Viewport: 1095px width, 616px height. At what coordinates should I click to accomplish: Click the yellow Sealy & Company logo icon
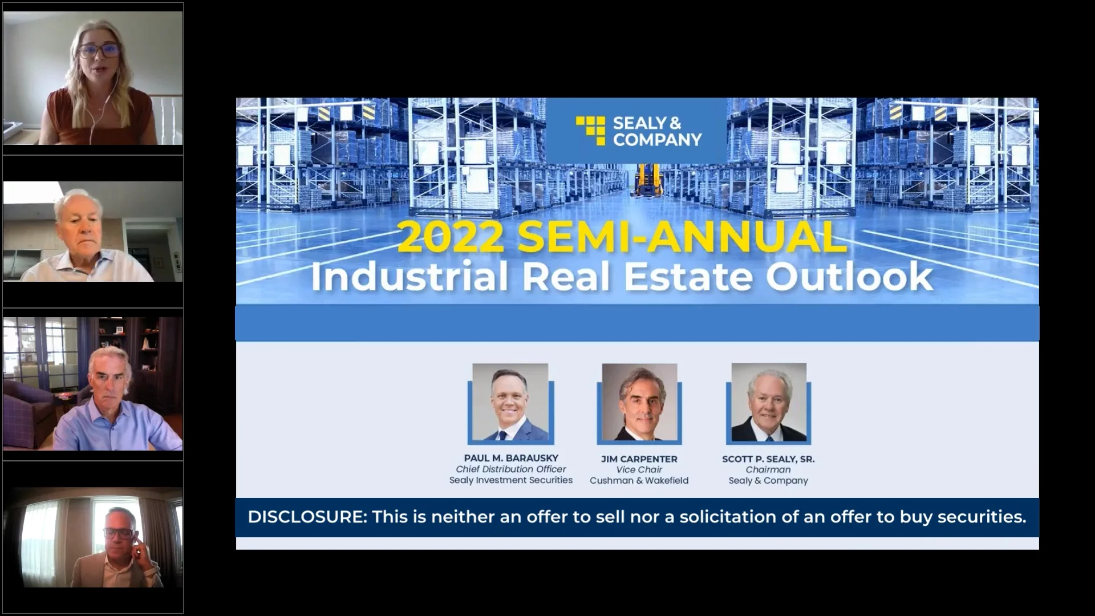pos(590,131)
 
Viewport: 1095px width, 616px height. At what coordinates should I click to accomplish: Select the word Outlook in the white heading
pos(849,277)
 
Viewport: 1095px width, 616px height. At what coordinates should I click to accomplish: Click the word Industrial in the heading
pos(409,277)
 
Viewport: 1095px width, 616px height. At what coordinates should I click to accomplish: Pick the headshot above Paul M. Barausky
pos(510,403)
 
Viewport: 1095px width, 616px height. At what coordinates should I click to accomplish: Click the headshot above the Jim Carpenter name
pos(639,403)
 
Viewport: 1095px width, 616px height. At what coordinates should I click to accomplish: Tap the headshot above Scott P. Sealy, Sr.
pos(769,403)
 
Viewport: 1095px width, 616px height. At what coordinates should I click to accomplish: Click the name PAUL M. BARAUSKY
pos(511,458)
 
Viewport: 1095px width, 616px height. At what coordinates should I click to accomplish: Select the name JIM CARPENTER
pos(639,459)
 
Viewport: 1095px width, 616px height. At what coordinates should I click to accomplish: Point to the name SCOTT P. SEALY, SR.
pos(768,459)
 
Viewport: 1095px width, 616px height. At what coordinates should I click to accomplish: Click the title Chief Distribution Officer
pos(511,469)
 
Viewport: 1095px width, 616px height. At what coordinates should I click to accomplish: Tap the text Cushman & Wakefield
pos(639,481)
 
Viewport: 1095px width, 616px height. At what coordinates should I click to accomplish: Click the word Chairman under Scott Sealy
pos(768,470)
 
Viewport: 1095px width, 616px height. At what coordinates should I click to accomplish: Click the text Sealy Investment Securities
pos(511,480)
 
